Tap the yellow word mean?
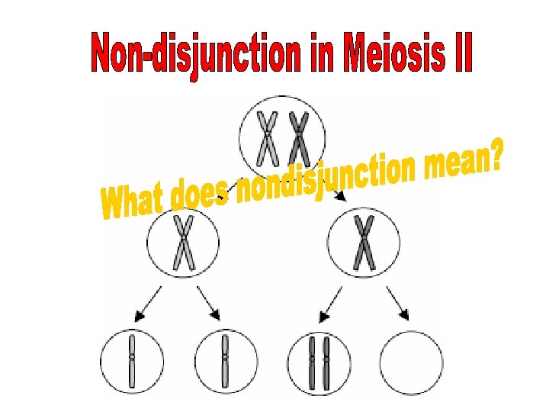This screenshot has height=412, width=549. coord(465,160)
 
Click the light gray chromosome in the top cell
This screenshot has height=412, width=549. coord(267,137)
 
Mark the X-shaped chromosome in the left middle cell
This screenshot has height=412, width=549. coord(183,243)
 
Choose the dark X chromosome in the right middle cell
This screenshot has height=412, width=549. coord(364,243)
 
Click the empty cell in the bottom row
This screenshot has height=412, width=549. coord(411,362)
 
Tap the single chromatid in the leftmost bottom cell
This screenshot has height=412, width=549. coord(131,360)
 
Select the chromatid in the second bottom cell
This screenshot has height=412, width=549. coord(224,360)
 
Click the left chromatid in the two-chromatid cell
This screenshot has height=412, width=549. coord(312,362)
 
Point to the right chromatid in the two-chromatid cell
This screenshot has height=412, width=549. coord(327,362)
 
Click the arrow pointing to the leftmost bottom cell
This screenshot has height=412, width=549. coord(148,303)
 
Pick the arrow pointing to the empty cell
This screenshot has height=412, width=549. coord(398,303)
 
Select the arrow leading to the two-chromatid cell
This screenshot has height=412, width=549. coord(330,303)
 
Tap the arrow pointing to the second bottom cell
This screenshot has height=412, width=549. coord(209,303)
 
